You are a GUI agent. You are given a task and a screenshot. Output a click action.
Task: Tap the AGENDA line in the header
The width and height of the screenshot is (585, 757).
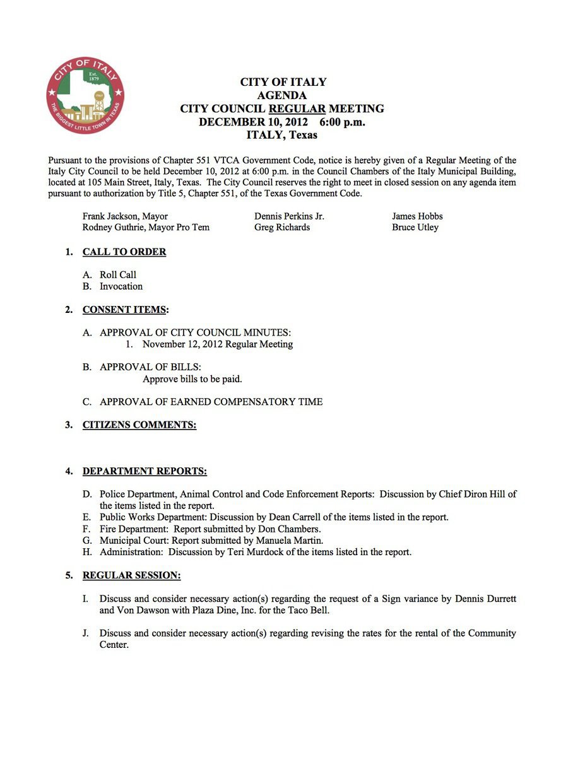282,95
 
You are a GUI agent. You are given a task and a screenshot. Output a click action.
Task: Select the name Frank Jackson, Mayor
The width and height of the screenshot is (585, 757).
125,216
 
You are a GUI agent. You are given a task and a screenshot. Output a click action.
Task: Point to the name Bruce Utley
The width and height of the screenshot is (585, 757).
415,227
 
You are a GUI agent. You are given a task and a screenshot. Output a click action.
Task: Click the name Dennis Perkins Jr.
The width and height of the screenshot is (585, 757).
289,216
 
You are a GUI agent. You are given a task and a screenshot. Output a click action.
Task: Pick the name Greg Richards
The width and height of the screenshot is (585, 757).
282,227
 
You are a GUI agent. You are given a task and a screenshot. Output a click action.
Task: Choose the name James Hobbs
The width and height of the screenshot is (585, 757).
417,216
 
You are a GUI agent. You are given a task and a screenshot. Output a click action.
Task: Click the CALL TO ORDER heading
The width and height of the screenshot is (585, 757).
124,252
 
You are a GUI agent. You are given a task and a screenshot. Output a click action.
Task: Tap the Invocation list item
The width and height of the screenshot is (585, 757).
121,286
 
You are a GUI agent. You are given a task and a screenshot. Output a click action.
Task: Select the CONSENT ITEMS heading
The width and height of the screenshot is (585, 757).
124,310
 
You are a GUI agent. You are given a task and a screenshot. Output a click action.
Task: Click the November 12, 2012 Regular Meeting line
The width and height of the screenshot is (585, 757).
218,344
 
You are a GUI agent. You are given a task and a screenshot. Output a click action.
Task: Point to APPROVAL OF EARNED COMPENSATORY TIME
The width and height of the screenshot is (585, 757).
211,402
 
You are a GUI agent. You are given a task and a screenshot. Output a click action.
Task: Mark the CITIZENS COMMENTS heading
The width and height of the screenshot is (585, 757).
139,425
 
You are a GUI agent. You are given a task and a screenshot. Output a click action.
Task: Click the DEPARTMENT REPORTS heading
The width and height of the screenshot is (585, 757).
145,471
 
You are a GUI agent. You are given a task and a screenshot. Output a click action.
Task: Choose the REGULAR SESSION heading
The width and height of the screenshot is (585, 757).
131,575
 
